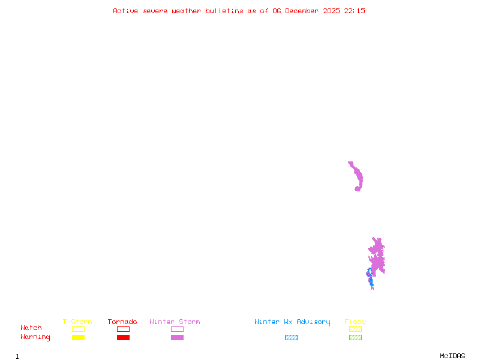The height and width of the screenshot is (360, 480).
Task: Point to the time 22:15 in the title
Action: [355, 11]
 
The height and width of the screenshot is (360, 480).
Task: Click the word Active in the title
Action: [126, 11]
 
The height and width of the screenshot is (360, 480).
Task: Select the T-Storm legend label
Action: [77, 322]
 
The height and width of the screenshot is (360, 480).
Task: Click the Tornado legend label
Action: [122, 322]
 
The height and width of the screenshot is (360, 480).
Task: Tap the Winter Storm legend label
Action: [175, 322]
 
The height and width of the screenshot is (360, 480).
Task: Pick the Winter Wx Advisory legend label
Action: [292, 322]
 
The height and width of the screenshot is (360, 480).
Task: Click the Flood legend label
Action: [355, 322]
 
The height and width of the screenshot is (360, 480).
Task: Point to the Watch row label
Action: [31, 328]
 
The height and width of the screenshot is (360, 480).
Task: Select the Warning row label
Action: [35, 337]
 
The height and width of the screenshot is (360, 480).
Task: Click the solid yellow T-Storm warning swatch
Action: [78, 338]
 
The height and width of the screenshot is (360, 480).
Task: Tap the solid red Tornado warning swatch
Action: [123, 338]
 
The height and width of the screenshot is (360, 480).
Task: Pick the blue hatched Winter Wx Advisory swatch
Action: [291, 338]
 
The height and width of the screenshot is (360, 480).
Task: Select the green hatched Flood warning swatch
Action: [355, 338]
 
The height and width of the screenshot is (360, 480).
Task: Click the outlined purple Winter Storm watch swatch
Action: [177, 329]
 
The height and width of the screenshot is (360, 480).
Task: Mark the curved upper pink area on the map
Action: [358, 177]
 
